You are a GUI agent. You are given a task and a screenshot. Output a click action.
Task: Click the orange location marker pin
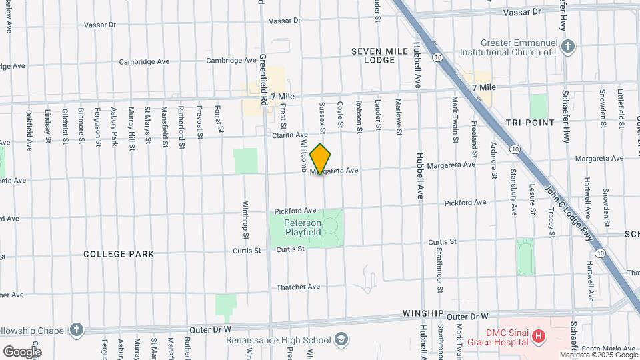321,159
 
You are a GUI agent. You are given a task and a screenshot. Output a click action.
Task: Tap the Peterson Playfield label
303,227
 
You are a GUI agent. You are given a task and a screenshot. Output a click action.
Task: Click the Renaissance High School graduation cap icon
342,339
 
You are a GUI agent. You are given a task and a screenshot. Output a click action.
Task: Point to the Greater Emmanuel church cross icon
567,46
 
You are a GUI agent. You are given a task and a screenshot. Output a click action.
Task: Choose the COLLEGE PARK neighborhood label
119,254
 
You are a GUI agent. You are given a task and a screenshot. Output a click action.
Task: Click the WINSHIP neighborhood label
423,313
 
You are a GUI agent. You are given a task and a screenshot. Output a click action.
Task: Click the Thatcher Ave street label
299,287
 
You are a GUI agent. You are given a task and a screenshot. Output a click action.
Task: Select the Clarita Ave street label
290,135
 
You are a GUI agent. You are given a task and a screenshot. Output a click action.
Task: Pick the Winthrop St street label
245,220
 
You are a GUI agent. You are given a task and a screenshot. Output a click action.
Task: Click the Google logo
22,351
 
